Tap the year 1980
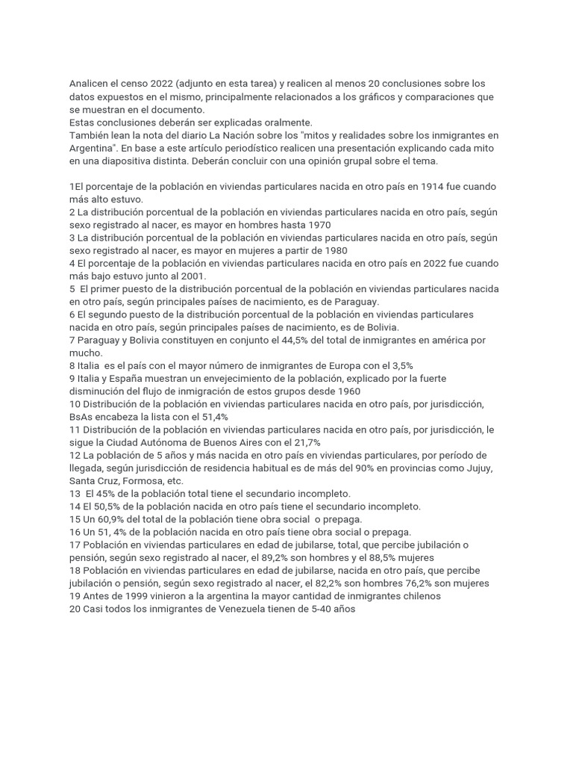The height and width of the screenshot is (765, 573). (x=334, y=250)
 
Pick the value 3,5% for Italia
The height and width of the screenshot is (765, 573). (x=399, y=365)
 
